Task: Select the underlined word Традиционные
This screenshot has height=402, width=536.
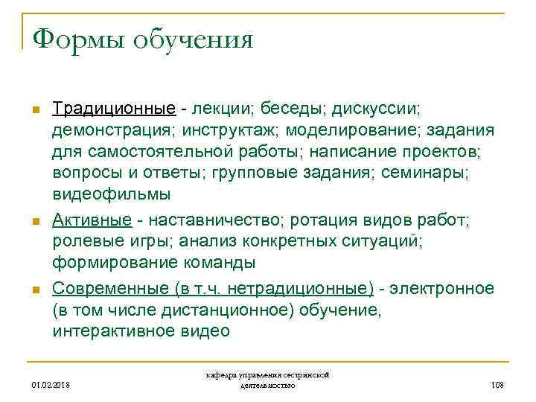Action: (114, 109)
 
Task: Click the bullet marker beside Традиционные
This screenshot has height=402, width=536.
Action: (35, 111)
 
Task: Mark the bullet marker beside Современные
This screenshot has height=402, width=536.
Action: (35, 290)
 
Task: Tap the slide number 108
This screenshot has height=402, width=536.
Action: (497, 384)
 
